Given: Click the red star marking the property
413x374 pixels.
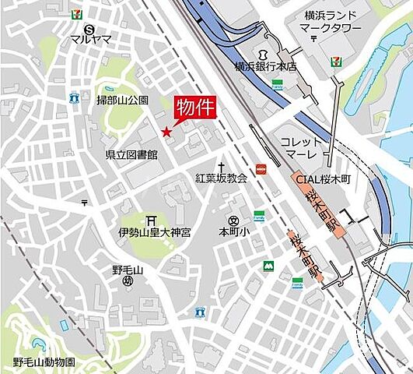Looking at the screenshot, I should pyautogui.click(x=166, y=132).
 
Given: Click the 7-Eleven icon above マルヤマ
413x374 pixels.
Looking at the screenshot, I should pyautogui.click(x=75, y=14).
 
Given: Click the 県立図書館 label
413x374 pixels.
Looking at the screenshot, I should pyautogui.click(x=131, y=155).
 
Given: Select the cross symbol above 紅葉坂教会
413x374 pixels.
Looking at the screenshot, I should pyautogui.click(x=221, y=167).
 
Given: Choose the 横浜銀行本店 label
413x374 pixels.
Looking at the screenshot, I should pyautogui.click(x=266, y=67).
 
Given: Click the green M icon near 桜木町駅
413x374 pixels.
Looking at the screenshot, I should pyautogui.click(x=268, y=266).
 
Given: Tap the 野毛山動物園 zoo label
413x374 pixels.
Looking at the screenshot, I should pyautogui.click(x=44, y=362).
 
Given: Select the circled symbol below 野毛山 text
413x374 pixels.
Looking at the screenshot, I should pyautogui.click(x=128, y=281).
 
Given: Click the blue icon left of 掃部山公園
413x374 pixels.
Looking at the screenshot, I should pyautogui.click(x=74, y=99).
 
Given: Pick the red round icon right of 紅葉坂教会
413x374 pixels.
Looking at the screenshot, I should pyautogui.click(x=262, y=169).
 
